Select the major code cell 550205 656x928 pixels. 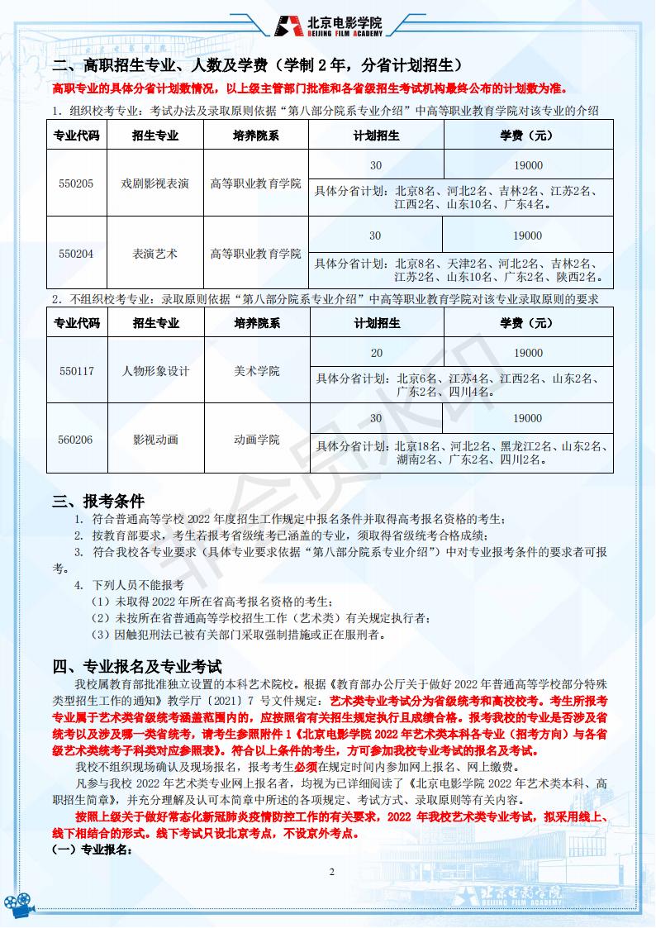click(x=76, y=183)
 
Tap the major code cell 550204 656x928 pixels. click(x=76, y=253)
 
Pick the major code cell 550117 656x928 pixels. click(x=76, y=371)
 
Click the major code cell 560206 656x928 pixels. click(x=76, y=440)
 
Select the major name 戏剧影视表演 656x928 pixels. click(x=155, y=183)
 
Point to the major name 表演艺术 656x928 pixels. click(x=155, y=253)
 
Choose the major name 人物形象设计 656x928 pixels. click(x=155, y=371)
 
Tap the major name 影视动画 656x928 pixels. click(x=155, y=440)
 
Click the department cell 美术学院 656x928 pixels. click(x=256, y=371)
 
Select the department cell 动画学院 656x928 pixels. click(x=256, y=440)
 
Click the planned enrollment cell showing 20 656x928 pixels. click(x=377, y=353)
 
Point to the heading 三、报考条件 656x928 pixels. click(x=98, y=501)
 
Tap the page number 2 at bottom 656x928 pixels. click(x=331, y=872)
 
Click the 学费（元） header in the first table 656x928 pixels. click(x=527, y=135)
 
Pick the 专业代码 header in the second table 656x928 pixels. click(x=76, y=323)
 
